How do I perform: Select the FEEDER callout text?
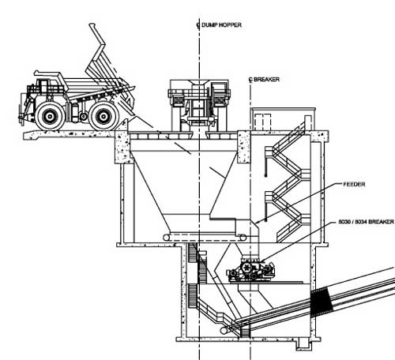click(354, 184)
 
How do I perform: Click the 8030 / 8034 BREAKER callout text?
click(366, 222)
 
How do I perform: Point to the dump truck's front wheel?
click(50, 116)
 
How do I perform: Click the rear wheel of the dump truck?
click(103, 116)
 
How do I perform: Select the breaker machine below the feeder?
click(251, 270)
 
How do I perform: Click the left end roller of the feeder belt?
click(167, 238)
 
